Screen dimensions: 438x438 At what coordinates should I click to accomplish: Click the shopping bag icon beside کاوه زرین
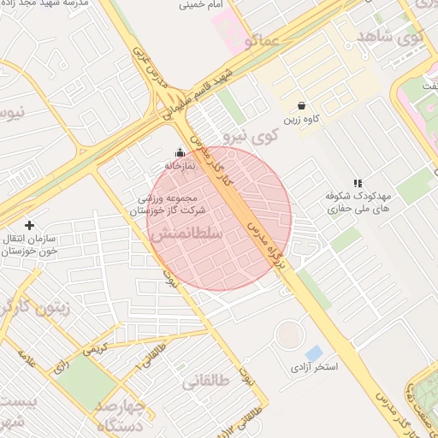(x=302, y=105)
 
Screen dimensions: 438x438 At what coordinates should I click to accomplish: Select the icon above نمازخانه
(x=179, y=152)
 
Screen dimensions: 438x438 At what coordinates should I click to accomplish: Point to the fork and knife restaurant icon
(x=358, y=183)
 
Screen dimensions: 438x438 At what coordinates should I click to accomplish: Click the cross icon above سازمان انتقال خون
(x=30, y=225)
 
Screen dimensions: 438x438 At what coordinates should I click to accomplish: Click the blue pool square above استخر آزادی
(x=314, y=353)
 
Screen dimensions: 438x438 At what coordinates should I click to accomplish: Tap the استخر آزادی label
(x=313, y=368)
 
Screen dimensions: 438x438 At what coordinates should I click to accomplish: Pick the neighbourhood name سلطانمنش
(x=186, y=233)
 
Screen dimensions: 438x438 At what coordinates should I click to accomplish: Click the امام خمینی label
(x=202, y=5)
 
